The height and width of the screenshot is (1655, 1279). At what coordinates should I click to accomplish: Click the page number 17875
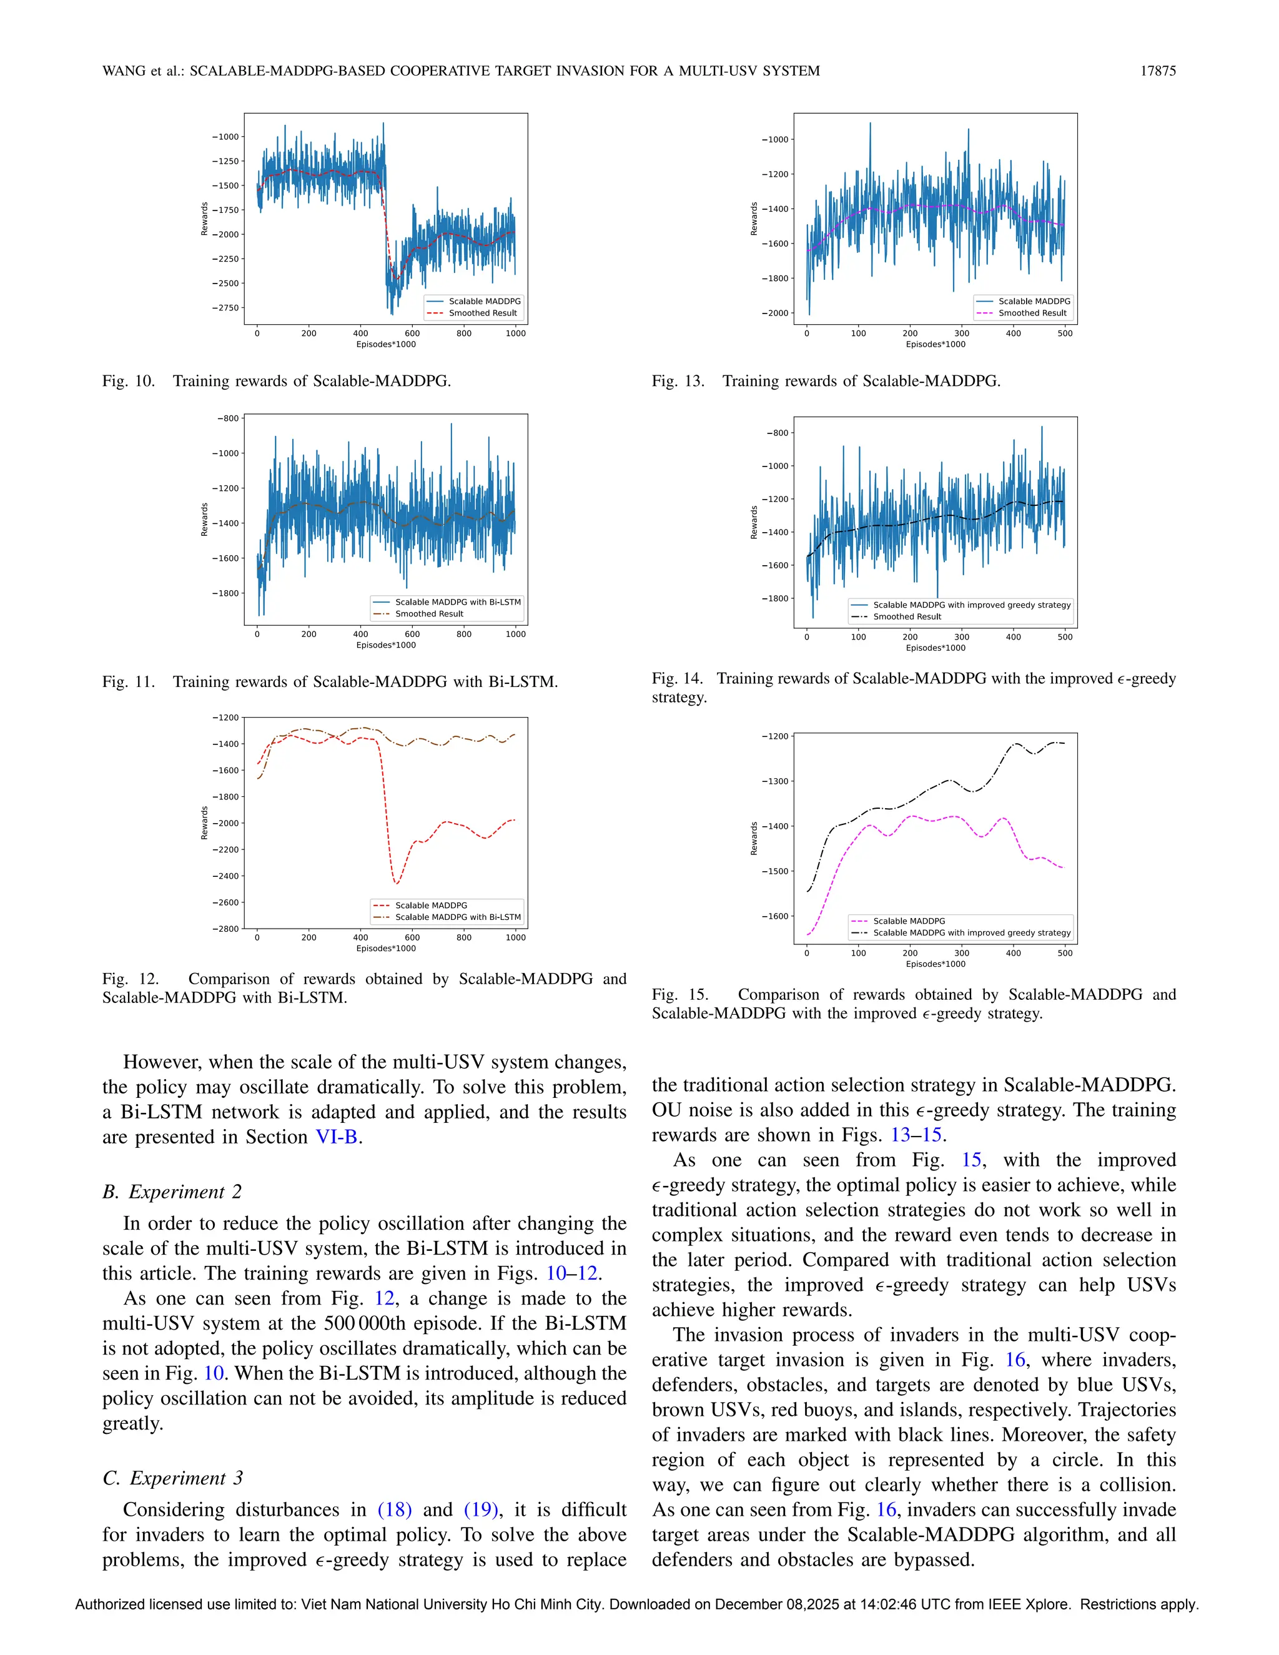pyautogui.click(x=1158, y=71)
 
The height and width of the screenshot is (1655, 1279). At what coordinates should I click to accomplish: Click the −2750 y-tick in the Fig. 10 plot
pyautogui.click(x=224, y=308)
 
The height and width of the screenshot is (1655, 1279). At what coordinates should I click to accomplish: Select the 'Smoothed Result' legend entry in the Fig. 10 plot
pyautogui.click(x=482, y=313)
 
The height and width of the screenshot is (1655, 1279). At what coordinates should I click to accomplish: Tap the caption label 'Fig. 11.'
pyautogui.click(x=128, y=682)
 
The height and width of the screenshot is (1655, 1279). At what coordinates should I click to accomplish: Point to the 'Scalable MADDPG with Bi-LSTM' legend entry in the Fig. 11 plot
pyautogui.click(x=457, y=603)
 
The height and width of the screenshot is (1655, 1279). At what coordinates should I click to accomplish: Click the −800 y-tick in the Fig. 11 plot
pyautogui.click(x=228, y=418)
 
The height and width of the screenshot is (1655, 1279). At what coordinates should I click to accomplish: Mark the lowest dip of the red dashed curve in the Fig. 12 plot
pyautogui.click(x=395, y=883)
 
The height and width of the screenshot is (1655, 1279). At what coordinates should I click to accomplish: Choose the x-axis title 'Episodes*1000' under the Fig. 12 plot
pyautogui.click(x=386, y=949)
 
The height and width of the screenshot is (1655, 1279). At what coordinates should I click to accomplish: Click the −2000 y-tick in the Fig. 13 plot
pyautogui.click(x=774, y=313)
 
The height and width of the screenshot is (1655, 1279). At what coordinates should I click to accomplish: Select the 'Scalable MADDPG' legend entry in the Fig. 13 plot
pyautogui.click(x=1034, y=302)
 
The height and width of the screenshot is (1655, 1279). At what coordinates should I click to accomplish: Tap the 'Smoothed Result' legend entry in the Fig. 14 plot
pyautogui.click(x=906, y=617)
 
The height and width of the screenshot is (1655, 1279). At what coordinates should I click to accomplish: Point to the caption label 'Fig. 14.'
pyautogui.click(x=676, y=679)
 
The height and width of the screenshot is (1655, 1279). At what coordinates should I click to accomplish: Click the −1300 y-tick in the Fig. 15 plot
pyautogui.click(x=774, y=781)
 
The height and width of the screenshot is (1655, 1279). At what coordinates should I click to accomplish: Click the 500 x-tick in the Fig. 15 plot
pyautogui.click(x=1065, y=953)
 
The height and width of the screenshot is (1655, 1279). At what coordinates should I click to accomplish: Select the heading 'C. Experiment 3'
pyautogui.click(x=173, y=1478)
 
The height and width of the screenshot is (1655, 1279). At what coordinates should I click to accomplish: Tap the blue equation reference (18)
pyautogui.click(x=394, y=1510)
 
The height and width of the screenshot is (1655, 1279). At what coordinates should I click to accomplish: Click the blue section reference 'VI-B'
pyautogui.click(x=335, y=1137)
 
